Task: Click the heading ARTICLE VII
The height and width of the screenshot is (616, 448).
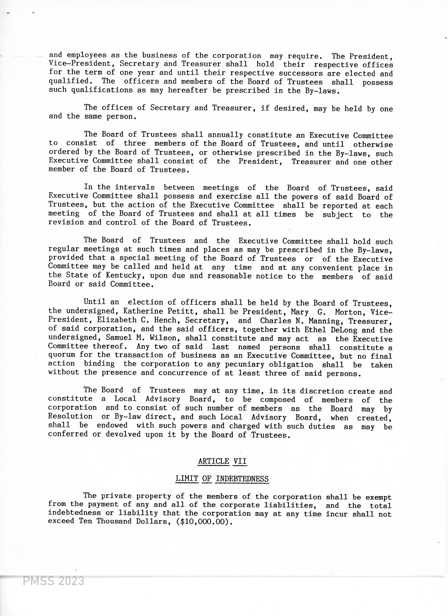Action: pos(223,461)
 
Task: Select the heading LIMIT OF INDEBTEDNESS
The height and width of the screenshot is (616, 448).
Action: pos(222,479)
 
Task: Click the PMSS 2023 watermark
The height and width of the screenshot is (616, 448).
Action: pos(53,581)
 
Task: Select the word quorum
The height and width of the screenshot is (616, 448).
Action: pos(62,355)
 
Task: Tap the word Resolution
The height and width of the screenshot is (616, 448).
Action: pos(70,416)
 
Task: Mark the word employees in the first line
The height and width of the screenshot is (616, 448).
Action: pos(87,55)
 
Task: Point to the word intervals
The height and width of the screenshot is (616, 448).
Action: pos(135,187)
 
